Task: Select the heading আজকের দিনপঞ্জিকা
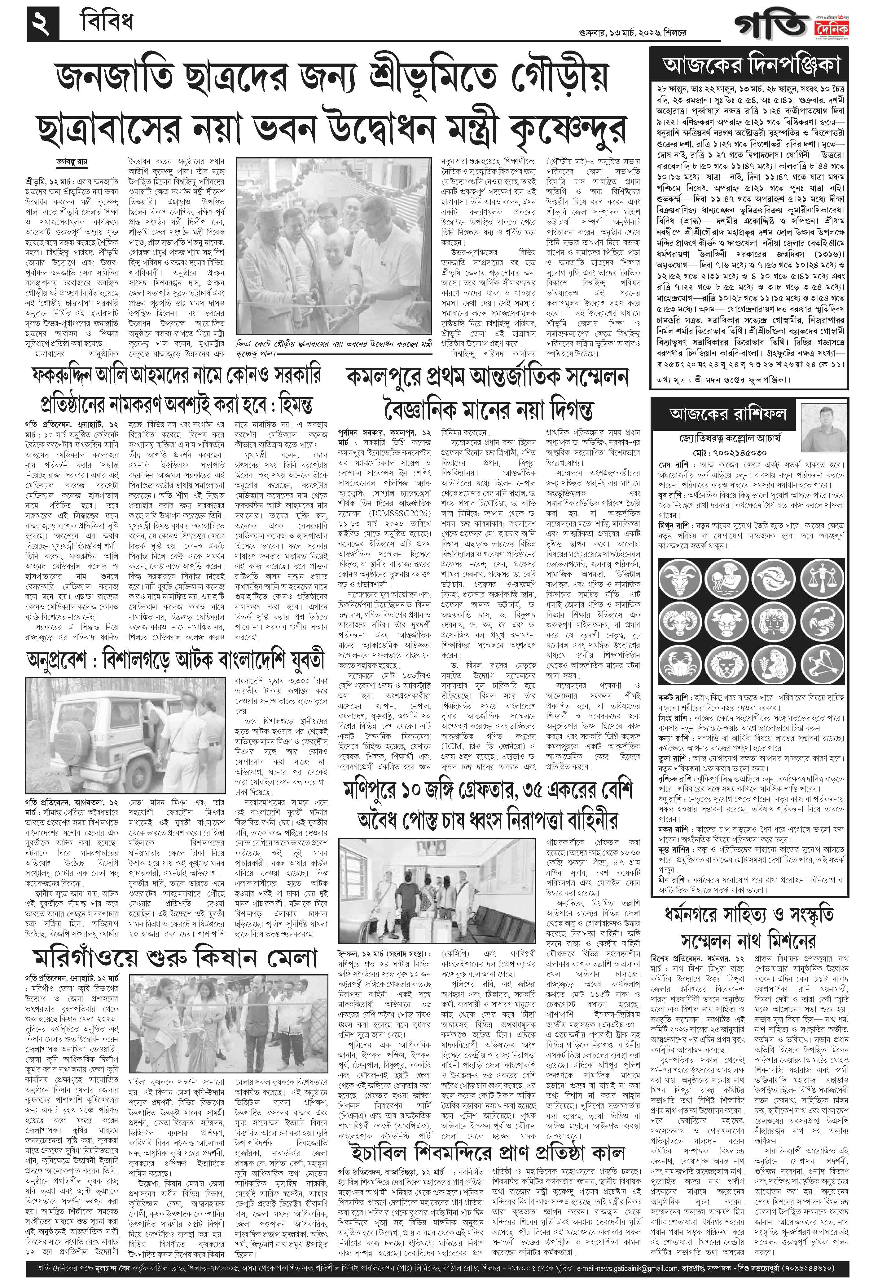751,67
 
